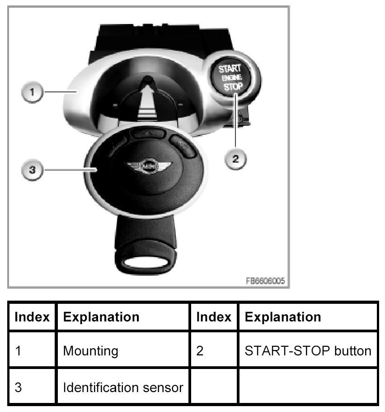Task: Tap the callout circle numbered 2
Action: (235, 159)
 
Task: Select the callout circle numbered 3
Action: (32, 170)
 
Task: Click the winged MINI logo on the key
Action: (148, 167)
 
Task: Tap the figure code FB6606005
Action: (265, 281)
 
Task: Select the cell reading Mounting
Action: (90, 350)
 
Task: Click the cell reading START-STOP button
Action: (307, 350)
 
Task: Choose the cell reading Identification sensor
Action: (123, 388)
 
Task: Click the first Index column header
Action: (32, 316)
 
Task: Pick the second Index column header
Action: (214, 316)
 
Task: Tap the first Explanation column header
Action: (101, 316)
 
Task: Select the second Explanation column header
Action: (282, 316)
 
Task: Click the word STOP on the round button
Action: (233, 86)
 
